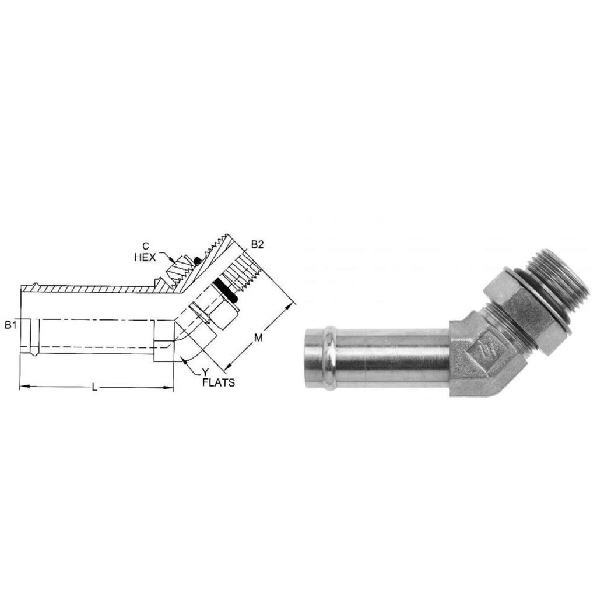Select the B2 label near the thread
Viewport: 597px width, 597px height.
tap(257, 245)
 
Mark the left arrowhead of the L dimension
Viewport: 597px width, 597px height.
tap(23, 387)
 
